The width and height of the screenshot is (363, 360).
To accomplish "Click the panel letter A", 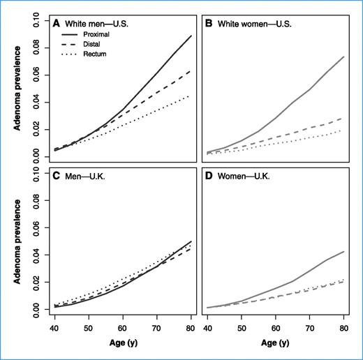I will point(57,22).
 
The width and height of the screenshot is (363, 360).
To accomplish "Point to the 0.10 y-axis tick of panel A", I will point(36,15).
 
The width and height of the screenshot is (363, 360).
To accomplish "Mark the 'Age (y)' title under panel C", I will point(122,343).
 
